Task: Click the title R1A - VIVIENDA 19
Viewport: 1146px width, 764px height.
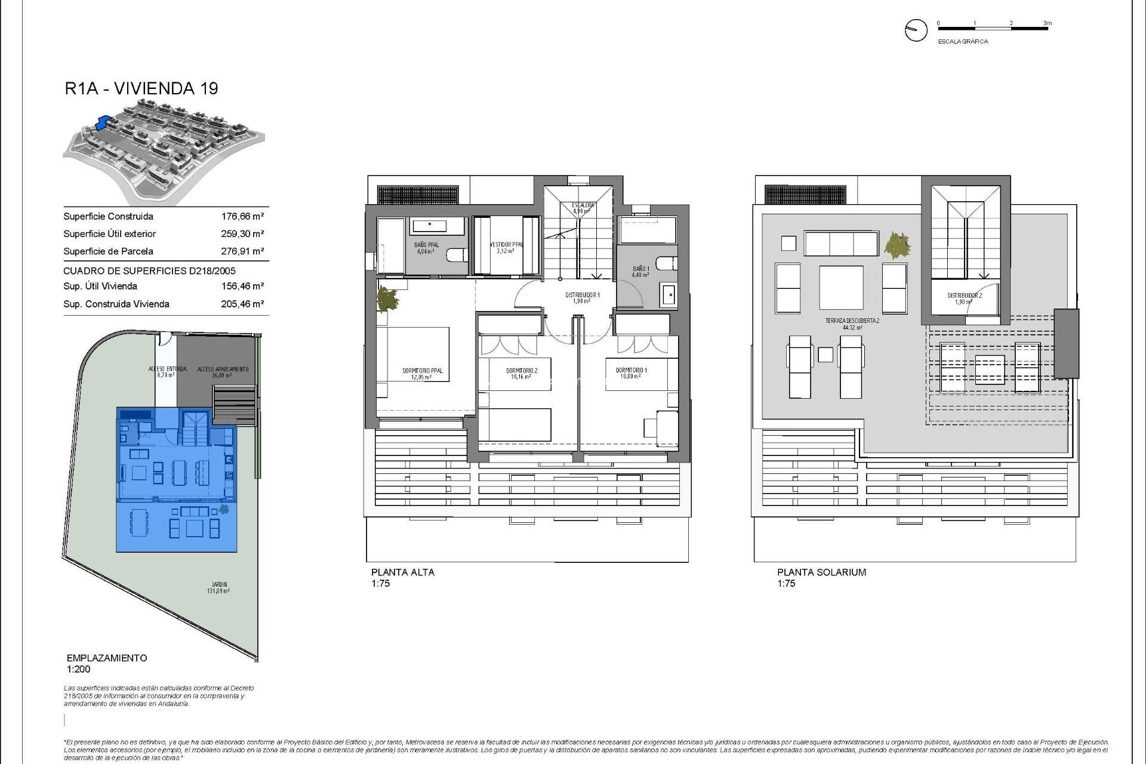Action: (141, 88)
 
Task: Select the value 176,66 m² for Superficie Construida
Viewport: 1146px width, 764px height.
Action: (242, 217)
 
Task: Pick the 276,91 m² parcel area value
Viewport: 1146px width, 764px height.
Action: (242, 251)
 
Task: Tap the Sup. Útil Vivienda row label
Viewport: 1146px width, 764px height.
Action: (100, 286)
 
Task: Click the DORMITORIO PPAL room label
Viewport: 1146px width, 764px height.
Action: (423, 371)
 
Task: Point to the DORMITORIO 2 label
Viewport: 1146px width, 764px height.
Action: (522, 371)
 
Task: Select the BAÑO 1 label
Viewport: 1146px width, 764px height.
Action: (641, 269)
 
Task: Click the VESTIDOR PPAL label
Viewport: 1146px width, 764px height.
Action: (506, 245)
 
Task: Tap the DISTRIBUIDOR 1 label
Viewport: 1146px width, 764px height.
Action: (582, 295)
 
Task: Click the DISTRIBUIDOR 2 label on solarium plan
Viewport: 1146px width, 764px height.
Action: (965, 295)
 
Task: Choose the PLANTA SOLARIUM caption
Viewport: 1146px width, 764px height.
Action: (821, 572)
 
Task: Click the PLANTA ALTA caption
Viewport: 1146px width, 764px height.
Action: (403, 572)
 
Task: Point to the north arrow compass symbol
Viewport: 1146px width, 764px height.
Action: (916, 30)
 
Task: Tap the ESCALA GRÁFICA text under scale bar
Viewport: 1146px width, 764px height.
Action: (963, 42)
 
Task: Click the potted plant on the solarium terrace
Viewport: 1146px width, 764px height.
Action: (897, 245)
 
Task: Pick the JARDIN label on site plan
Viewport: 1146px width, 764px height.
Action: (219, 585)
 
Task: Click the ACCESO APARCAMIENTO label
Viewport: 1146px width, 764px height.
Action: (223, 369)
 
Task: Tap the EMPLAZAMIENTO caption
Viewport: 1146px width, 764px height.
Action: (107, 658)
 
